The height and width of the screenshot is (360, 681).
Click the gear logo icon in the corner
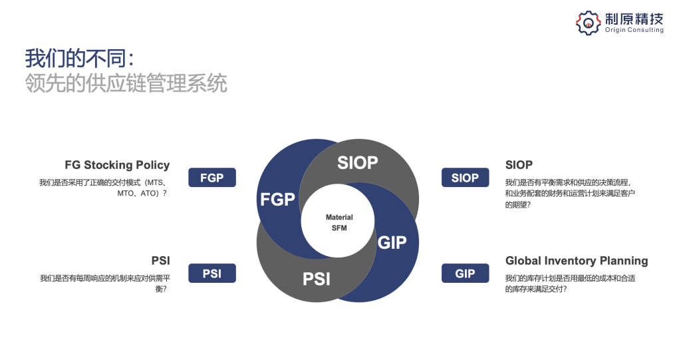click(588, 23)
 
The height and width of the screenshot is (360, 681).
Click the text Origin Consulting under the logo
click(634, 30)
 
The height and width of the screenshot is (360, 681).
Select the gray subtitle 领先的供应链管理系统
click(126, 84)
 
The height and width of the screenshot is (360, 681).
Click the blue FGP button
click(212, 178)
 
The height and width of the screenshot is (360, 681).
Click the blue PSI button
click(212, 273)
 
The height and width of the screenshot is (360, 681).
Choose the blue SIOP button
click(465, 178)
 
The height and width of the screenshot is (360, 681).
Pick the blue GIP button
click(465, 273)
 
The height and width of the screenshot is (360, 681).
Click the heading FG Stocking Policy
click(117, 165)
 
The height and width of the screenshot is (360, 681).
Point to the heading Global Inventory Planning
click(577, 261)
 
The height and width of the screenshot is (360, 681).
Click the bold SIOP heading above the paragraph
click(519, 165)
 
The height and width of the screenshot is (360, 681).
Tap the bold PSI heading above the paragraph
click(161, 261)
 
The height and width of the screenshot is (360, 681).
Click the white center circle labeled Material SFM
click(339, 223)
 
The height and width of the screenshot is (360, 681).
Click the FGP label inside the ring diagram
click(277, 199)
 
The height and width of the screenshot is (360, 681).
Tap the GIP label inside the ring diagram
click(392, 242)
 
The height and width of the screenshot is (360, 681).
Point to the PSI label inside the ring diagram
click(317, 279)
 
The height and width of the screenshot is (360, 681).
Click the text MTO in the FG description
click(126, 193)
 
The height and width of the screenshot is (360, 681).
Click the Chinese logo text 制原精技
click(634, 18)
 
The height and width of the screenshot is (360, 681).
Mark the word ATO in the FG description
click(149, 193)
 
